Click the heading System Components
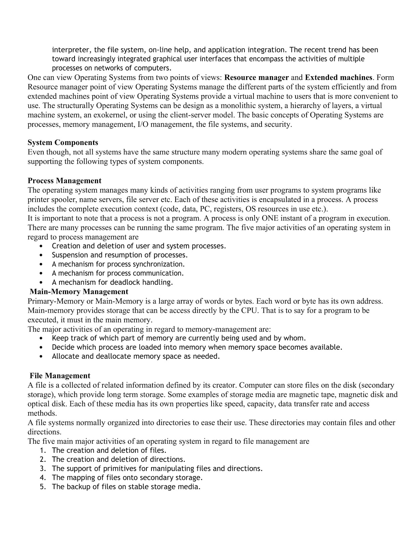click(63, 142)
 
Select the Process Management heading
click(64, 181)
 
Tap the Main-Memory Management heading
click(79, 291)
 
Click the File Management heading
click(60, 376)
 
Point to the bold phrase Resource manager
click(257, 78)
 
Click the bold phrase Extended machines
click(338, 78)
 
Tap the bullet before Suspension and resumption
click(41, 255)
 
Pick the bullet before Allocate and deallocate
click(41, 356)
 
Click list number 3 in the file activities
click(43, 469)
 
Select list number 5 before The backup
click(43, 487)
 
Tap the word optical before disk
click(38, 404)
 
